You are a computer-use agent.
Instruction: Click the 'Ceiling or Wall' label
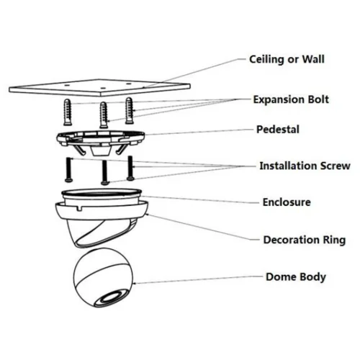point(287,59)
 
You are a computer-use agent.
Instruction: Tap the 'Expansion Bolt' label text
point(291,99)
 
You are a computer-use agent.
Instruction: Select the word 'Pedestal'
point(278,130)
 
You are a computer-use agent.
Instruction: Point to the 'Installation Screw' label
point(305,166)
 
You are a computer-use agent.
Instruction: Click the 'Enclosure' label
point(287,202)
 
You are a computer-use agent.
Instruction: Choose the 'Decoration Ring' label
point(305,240)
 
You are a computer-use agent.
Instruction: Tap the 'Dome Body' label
point(296,277)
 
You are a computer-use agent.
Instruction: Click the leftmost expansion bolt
point(68,112)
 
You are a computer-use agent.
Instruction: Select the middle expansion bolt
point(104,115)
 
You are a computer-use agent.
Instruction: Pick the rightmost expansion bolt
point(129,111)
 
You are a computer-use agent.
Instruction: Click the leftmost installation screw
point(68,169)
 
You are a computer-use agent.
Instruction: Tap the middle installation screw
point(104,172)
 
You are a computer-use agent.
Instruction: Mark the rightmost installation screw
point(130,168)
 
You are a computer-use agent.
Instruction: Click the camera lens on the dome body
point(112,297)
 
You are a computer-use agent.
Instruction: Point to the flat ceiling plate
point(99,88)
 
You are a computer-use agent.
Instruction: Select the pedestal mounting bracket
point(101,143)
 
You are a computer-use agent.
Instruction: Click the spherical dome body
point(103,278)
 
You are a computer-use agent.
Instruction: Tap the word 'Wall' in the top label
point(313,59)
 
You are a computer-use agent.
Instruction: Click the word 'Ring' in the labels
point(334,240)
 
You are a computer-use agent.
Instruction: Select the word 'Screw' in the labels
point(336,166)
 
